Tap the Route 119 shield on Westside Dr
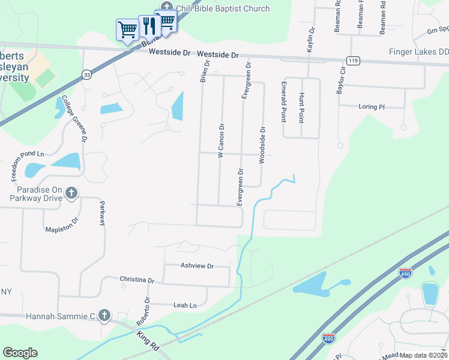[x=353, y=60]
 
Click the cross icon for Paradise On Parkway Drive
[x=72, y=193]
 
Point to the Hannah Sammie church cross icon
[x=104, y=315]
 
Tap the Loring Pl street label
[x=371, y=107]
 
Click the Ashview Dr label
[x=197, y=265]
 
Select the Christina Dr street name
[x=137, y=280]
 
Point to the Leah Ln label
[x=185, y=305]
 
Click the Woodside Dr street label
[x=262, y=144]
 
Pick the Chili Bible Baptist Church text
[x=223, y=8]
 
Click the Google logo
[x=20, y=353]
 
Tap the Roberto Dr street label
[x=146, y=310]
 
